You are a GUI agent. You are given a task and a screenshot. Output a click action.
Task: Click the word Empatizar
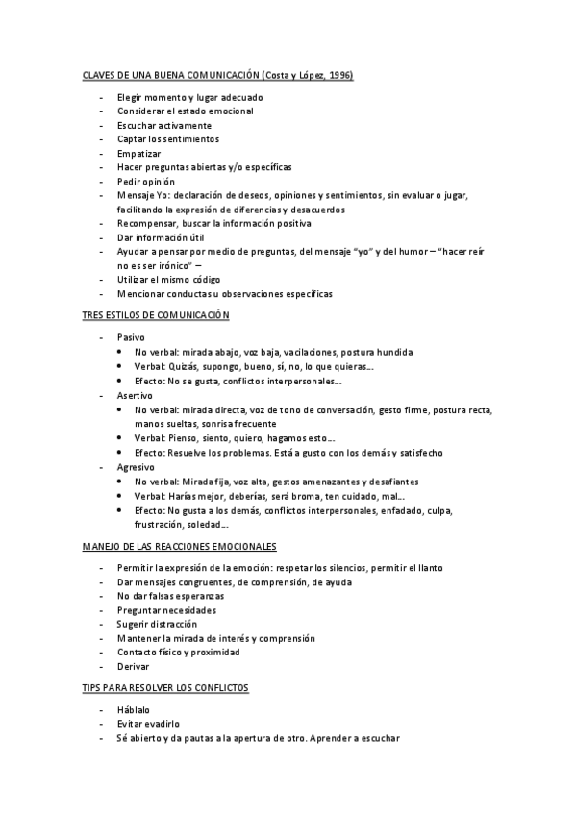coord(139,153)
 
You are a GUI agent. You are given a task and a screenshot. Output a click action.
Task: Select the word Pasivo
coord(132,338)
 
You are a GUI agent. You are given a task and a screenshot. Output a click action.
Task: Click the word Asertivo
coord(135,395)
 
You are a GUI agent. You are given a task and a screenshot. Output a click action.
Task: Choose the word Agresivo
coord(136,466)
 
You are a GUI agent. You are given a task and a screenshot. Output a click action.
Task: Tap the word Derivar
coord(134,666)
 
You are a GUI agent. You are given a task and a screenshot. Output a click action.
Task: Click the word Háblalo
coord(135,710)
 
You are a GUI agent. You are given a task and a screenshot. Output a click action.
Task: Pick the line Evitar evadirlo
coord(149,725)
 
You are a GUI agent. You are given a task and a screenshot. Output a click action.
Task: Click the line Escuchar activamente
coord(164,125)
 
